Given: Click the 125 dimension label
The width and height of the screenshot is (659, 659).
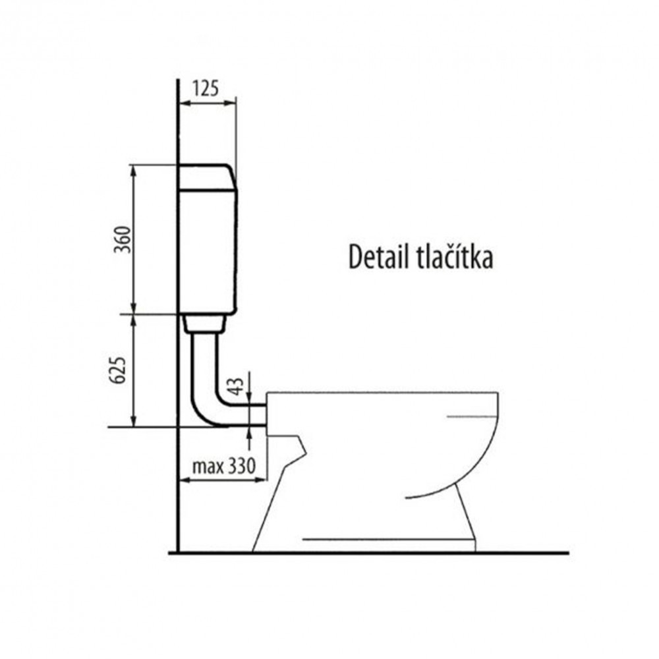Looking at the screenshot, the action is tap(206, 88).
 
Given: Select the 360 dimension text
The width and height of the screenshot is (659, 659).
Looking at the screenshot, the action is tap(123, 240).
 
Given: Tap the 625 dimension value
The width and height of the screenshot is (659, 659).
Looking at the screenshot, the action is tap(118, 370).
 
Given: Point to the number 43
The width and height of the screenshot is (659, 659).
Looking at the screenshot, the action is tap(237, 386).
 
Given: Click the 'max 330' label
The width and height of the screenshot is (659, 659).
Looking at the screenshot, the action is tap(223, 466).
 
